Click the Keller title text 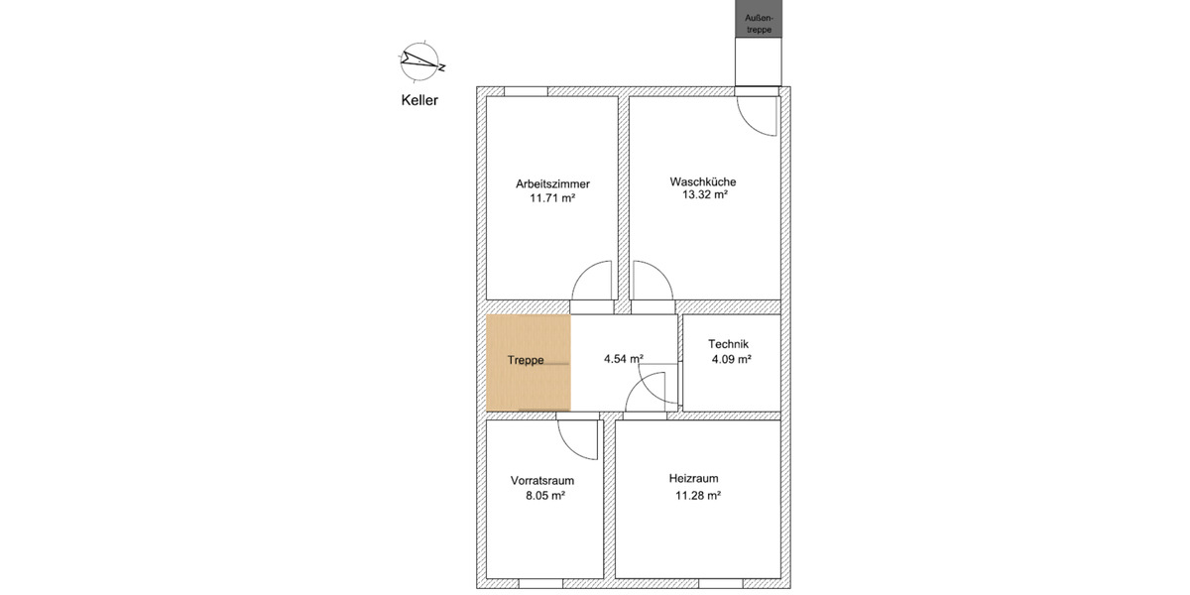(419, 100)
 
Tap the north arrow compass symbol (421, 61)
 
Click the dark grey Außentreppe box (759, 19)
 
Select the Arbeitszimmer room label (552, 183)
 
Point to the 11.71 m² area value (552, 198)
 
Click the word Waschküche (703, 181)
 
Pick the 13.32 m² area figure (704, 194)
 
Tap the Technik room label (728, 344)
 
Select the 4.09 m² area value (732, 359)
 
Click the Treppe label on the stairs (526, 360)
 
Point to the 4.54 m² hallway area (624, 359)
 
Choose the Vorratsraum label (542, 481)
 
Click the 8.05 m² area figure (545, 496)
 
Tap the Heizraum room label (693, 479)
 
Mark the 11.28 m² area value (698, 496)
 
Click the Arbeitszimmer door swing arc (583, 272)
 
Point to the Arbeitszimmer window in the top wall (526, 91)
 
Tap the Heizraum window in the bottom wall (721, 584)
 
